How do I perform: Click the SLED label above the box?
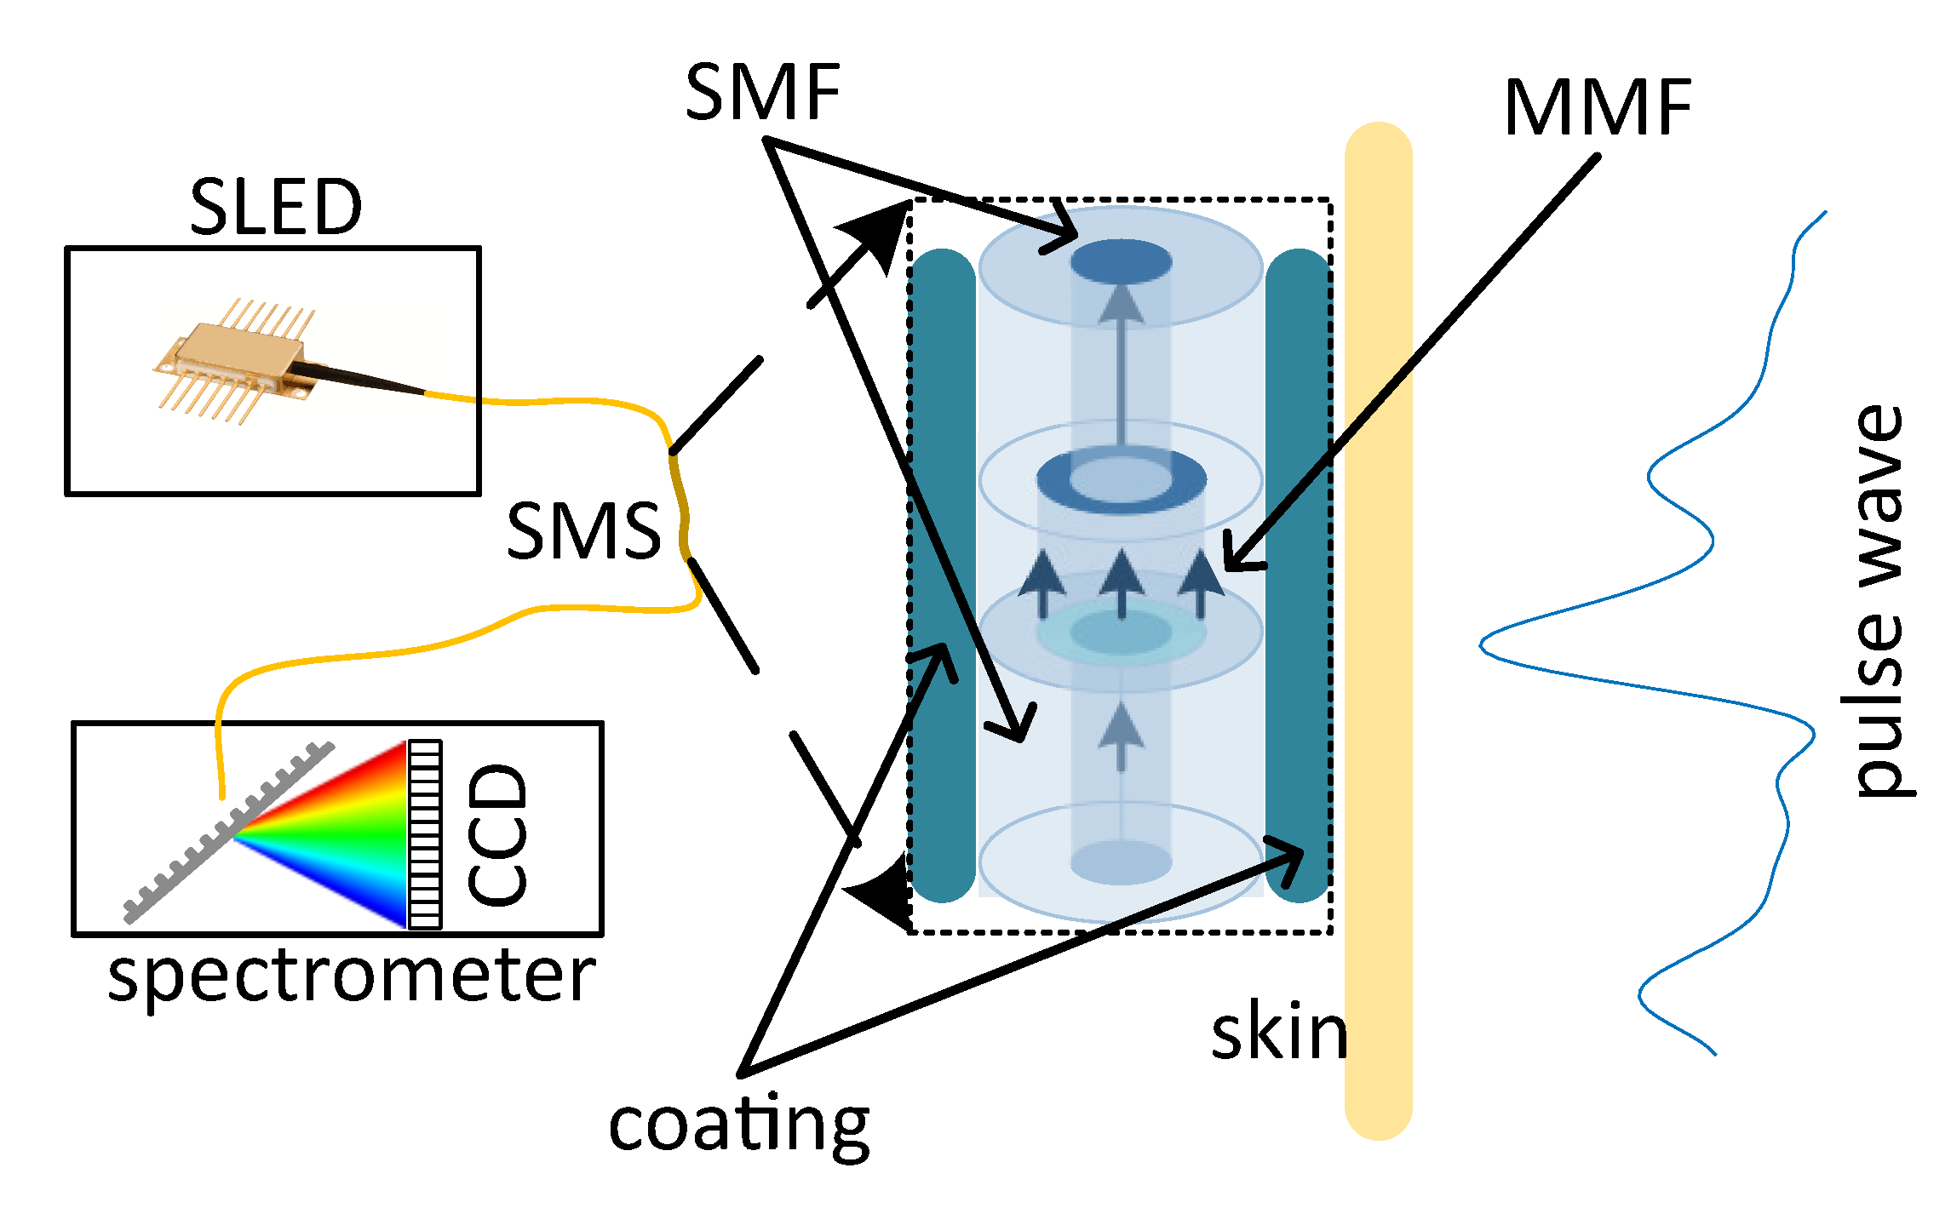coord(275,207)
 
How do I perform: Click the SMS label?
coord(583,530)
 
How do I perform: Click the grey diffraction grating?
coord(226,834)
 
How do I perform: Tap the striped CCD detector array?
coord(425,834)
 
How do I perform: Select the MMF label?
coord(1598,108)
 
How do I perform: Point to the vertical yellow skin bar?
coord(1378,630)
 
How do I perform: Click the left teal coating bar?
coord(942,575)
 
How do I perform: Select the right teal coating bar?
coord(1297,575)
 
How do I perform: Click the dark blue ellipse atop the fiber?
coord(1121,260)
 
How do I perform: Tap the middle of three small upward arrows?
coord(1121,583)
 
